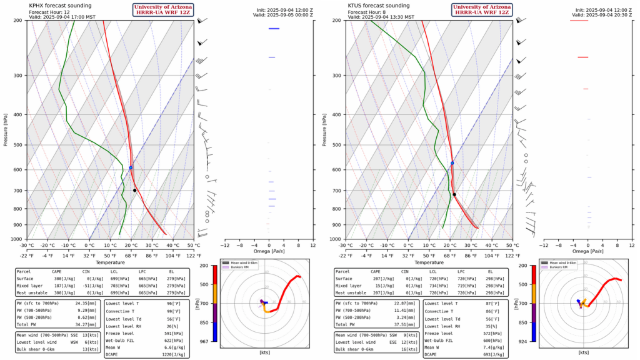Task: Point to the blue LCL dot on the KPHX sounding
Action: coord(131,167)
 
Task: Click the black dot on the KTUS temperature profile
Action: coord(454,194)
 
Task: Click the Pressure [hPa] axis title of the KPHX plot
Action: coord(5,129)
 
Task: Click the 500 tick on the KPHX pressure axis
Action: coord(19,145)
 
